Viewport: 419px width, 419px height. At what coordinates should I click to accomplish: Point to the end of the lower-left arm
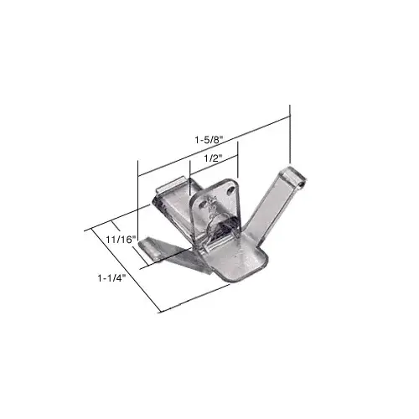coord(152,246)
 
